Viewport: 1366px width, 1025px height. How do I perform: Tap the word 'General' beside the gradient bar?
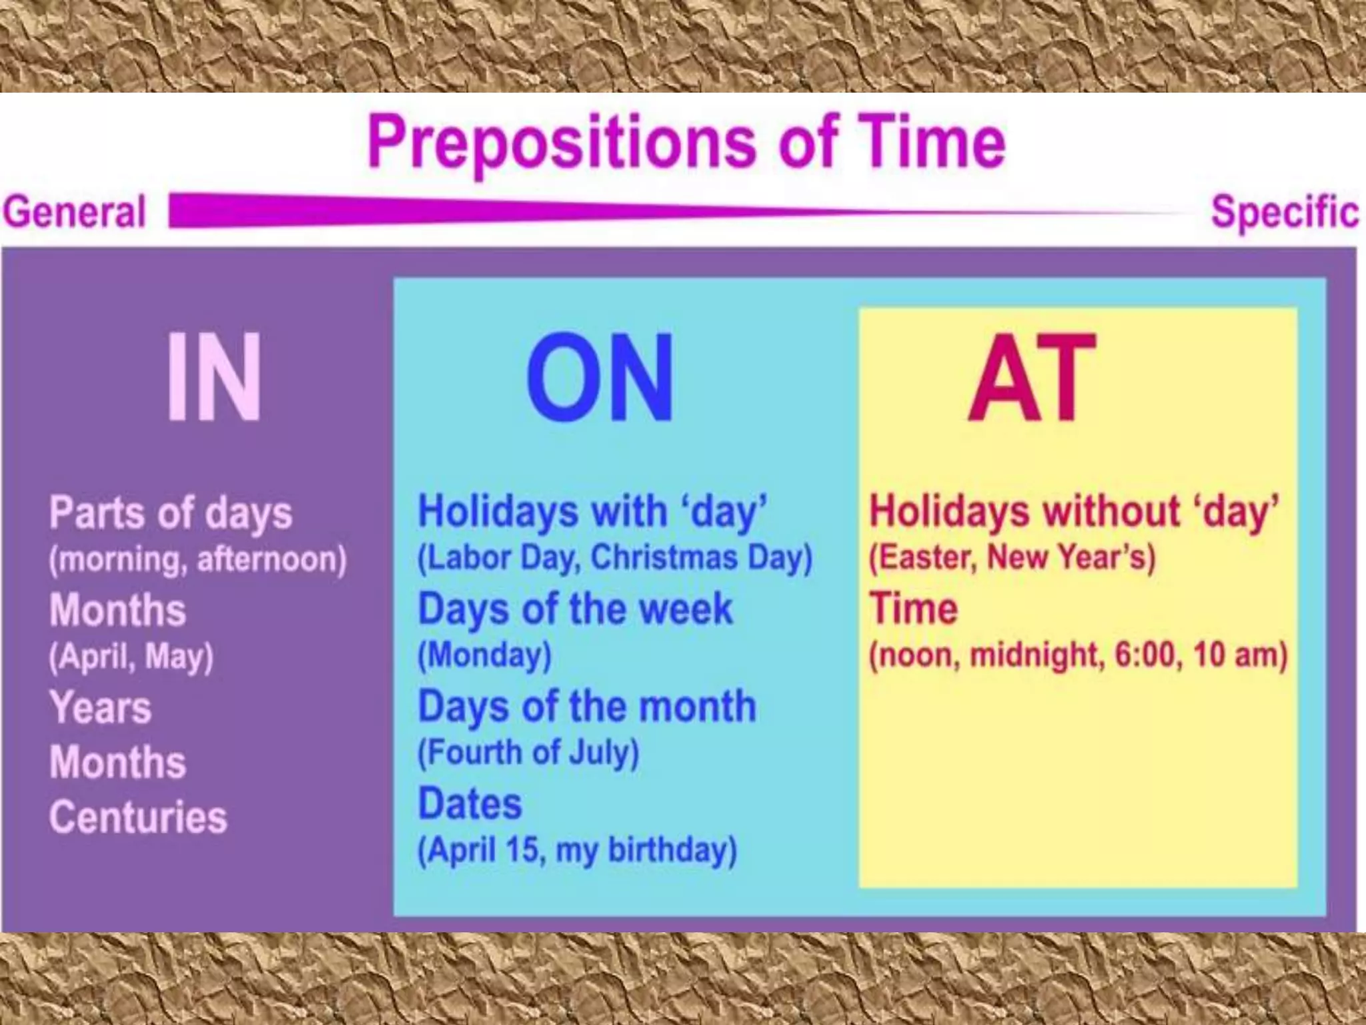point(74,212)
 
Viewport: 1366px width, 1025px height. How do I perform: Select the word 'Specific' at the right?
point(1284,212)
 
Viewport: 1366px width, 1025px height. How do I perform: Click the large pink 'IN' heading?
point(213,377)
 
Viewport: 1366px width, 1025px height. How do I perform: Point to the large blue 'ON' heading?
point(600,377)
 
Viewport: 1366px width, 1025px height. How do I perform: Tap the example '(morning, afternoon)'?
point(197,560)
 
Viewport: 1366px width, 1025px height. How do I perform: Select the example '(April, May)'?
point(131,657)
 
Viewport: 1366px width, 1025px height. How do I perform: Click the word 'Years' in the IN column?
point(101,707)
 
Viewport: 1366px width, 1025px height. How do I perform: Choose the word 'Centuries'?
point(138,817)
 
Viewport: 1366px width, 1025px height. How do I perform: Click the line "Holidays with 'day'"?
point(592,512)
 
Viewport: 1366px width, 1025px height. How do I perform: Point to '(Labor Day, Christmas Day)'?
point(614,559)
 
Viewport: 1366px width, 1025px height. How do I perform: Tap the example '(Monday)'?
point(484,655)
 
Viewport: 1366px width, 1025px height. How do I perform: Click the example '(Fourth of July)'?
point(528,752)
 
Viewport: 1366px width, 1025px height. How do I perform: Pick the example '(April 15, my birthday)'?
point(577,850)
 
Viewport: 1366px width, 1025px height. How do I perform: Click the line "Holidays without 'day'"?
point(1074,512)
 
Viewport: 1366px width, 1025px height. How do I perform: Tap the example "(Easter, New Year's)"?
point(1011,558)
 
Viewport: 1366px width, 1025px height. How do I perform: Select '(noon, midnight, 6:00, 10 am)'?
point(1078,655)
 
